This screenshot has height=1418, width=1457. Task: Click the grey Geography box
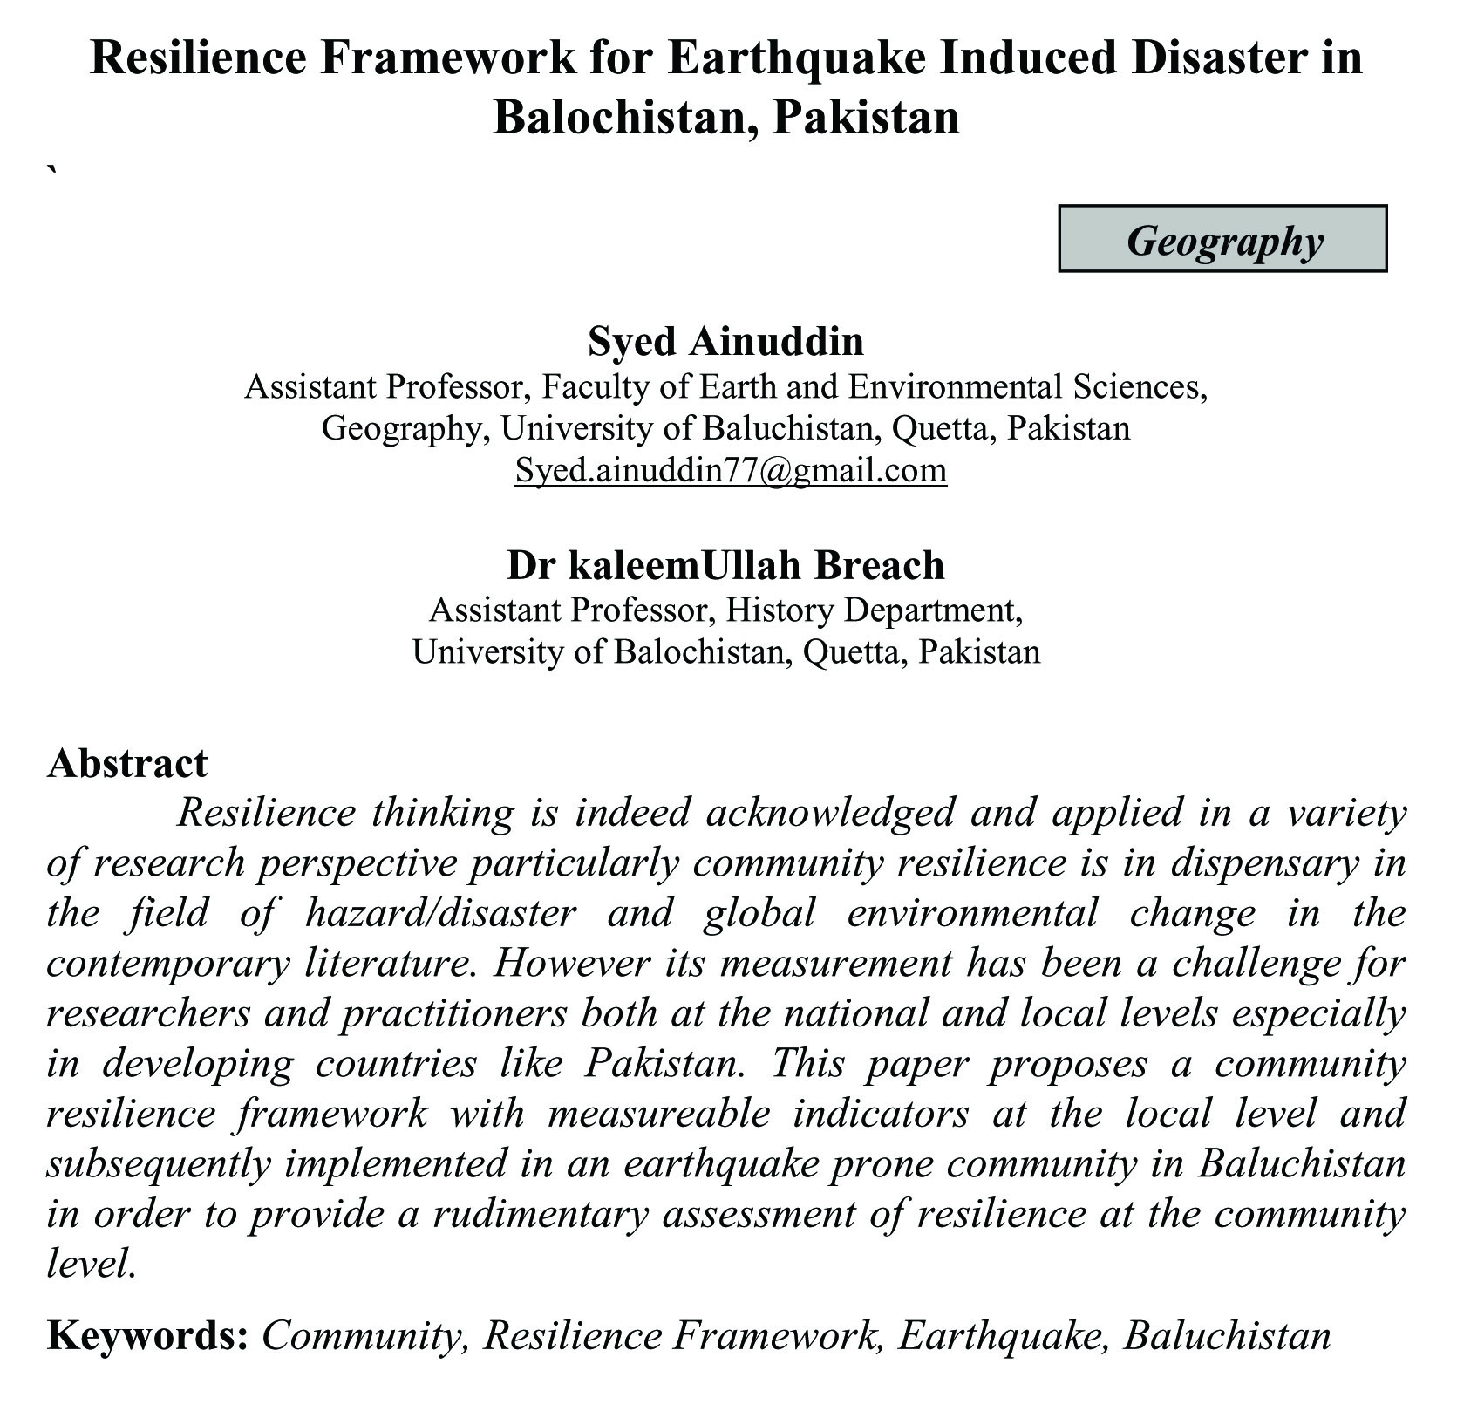pos(1222,239)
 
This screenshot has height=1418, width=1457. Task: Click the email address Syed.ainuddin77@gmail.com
pos(731,470)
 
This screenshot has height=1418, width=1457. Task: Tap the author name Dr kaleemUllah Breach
pos(725,565)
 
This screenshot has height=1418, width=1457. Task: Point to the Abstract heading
pos(127,763)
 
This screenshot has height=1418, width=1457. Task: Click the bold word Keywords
pos(147,1335)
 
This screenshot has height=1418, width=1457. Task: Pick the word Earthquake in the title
pos(792,58)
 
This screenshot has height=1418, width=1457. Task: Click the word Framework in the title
pos(442,58)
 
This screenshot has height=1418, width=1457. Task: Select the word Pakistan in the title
pos(865,118)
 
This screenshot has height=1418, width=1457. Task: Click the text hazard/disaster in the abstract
pos(440,914)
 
